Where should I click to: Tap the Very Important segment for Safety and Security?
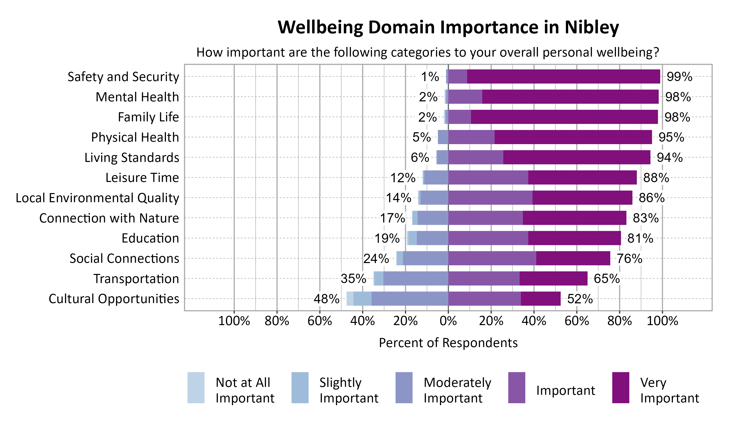pos(563,76)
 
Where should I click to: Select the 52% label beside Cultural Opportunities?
pos(580,299)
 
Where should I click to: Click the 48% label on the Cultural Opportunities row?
pos(326,299)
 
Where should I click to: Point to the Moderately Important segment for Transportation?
pos(416,279)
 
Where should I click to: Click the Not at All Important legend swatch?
pos(196,387)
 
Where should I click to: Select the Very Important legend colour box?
pos(620,387)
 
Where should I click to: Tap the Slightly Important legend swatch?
pos(300,387)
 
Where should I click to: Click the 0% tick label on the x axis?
pos(448,321)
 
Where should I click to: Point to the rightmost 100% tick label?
pos(662,321)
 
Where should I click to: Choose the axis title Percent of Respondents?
pos(448,343)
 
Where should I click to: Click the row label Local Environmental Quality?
pos(97,198)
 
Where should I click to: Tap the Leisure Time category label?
pos(142,178)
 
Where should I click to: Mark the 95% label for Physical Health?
pos(671,137)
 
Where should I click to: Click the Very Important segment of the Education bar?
pos(574,238)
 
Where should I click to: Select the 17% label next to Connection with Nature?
pos(393,218)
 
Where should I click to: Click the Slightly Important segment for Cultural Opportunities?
pos(362,299)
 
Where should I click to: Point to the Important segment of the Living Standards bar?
pos(476,157)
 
